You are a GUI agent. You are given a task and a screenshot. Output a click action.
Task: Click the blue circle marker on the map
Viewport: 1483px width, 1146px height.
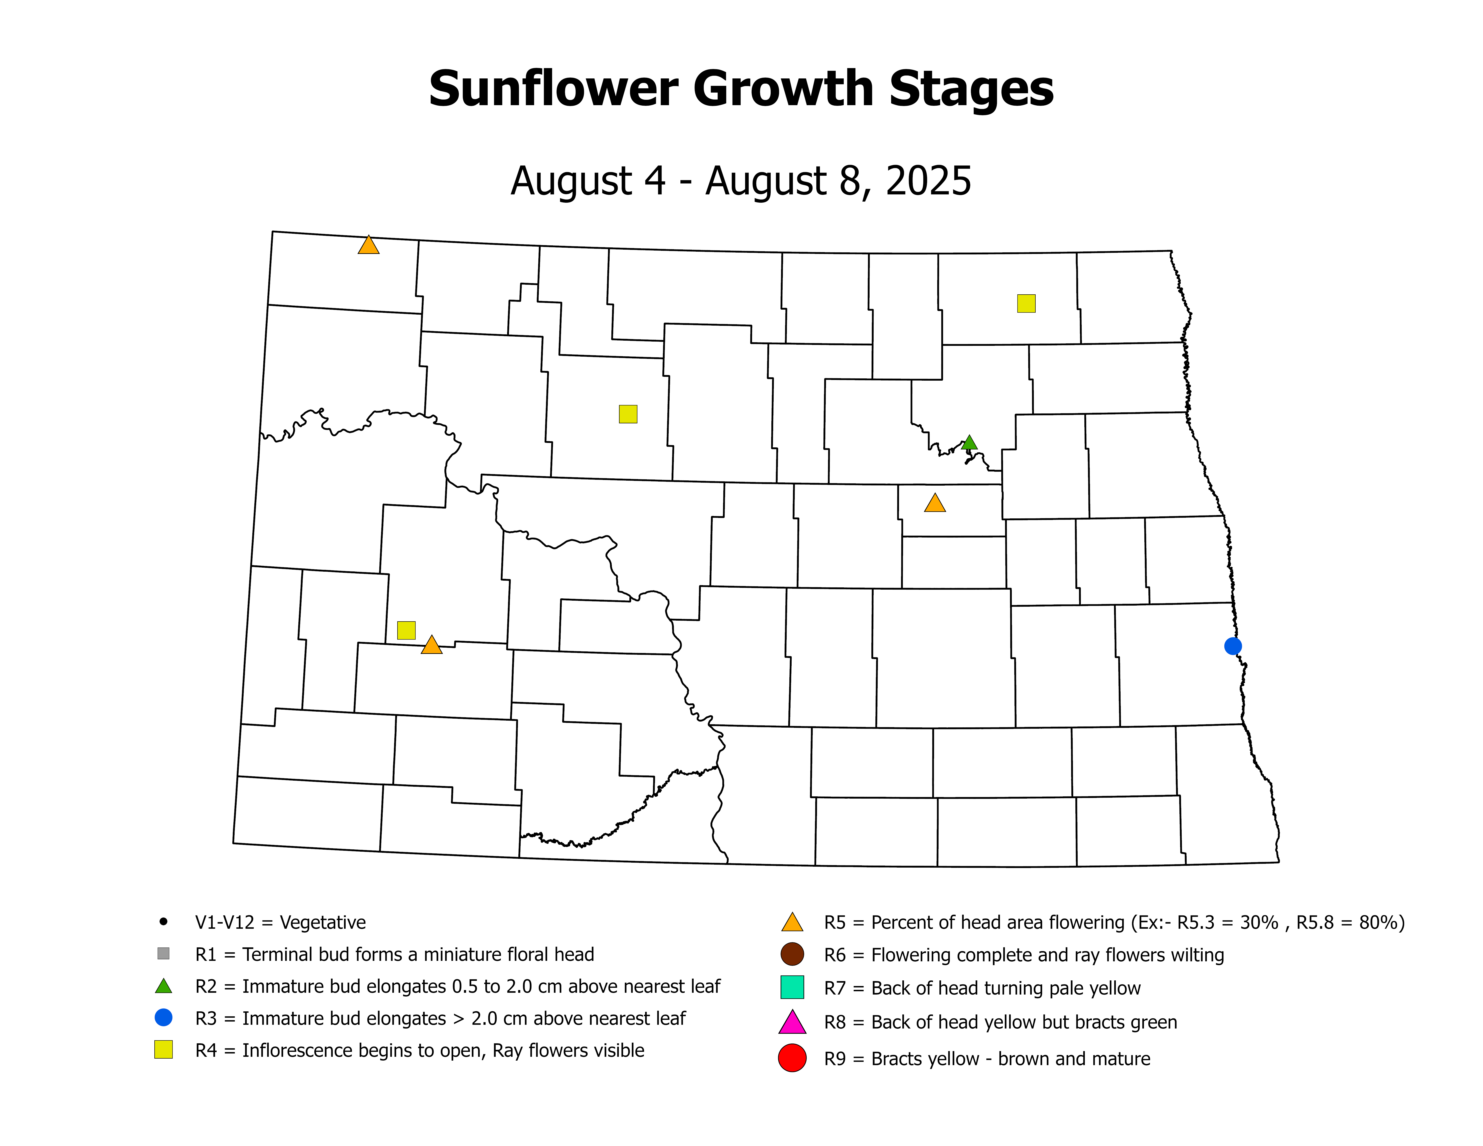[1233, 646]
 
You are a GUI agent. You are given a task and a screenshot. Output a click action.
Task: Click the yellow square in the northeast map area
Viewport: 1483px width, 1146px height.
[1026, 304]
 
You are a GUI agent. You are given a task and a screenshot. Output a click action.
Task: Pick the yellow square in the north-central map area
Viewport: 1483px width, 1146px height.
[628, 414]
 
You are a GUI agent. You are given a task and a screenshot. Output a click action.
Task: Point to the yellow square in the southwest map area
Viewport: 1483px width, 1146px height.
[406, 630]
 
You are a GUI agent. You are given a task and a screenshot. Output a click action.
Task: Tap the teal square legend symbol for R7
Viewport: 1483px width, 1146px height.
[793, 987]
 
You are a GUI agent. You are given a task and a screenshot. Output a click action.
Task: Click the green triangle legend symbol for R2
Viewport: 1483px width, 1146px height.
[163, 986]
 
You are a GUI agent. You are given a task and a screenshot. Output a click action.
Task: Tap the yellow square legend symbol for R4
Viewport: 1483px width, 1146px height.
[163, 1050]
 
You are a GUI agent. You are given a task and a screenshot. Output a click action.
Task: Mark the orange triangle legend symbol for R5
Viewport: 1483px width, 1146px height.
[793, 923]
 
